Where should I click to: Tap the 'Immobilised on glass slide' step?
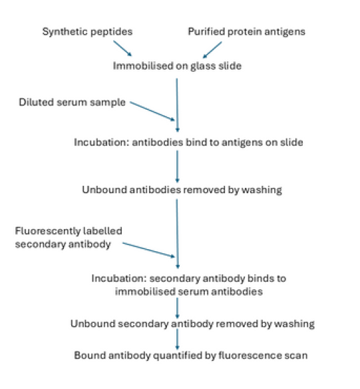176,65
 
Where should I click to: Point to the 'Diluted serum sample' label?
72,103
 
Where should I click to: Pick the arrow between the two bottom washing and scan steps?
177,340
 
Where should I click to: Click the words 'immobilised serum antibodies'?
177,292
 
